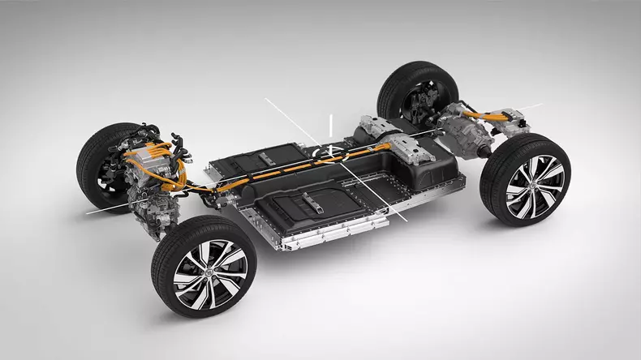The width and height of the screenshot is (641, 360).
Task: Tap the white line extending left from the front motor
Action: (x=105, y=208)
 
